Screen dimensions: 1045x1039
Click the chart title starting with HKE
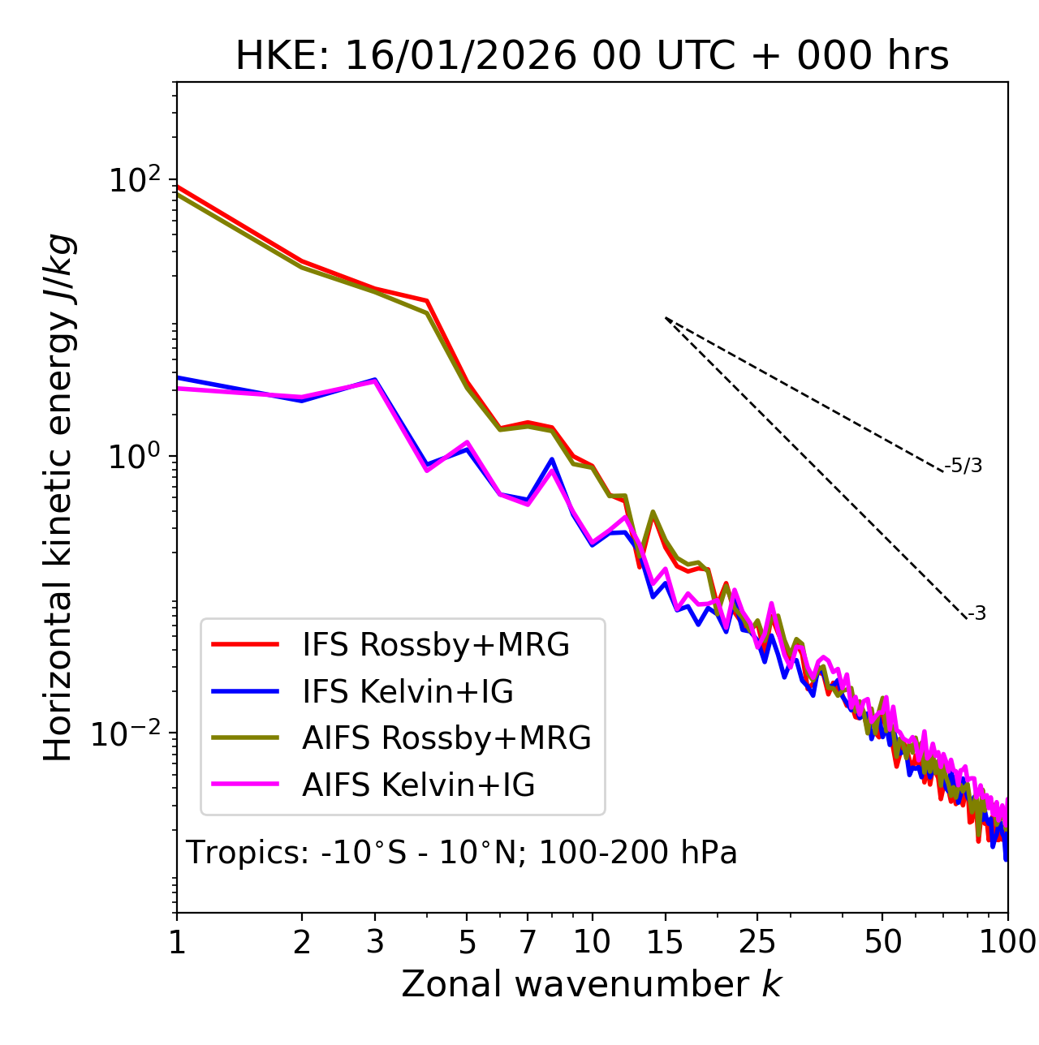pyautogui.click(x=592, y=56)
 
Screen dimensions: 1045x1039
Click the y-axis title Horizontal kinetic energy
pyautogui.click(x=59, y=497)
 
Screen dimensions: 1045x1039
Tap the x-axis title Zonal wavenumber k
pyautogui.click(x=591, y=984)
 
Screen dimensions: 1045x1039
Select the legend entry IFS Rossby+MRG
pyautogui.click(x=435, y=645)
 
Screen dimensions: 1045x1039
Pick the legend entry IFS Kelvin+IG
pyautogui.click(x=407, y=692)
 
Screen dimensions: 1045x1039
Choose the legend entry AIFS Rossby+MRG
pyautogui.click(x=446, y=738)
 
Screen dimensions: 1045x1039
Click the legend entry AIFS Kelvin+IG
pyautogui.click(x=418, y=785)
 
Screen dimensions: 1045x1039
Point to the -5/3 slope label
pyautogui.click(x=964, y=466)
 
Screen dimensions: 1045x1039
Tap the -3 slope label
pyautogui.click(x=976, y=614)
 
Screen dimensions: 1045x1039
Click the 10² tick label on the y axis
pyautogui.click(x=135, y=180)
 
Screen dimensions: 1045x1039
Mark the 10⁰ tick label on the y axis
pyautogui.click(x=135, y=457)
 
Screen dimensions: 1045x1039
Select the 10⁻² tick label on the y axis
pyautogui.click(x=129, y=733)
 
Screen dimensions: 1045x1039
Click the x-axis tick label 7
pyautogui.click(x=528, y=942)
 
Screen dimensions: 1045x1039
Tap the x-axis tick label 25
pyautogui.click(x=757, y=942)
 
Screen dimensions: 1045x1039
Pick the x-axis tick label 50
pyautogui.click(x=882, y=942)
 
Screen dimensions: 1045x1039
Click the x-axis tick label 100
pyautogui.click(x=1007, y=942)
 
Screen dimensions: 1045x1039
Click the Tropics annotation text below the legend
pyautogui.click(x=461, y=853)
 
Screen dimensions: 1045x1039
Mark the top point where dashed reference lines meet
pyautogui.click(x=666, y=318)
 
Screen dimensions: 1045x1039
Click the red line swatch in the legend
pyautogui.click(x=245, y=645)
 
